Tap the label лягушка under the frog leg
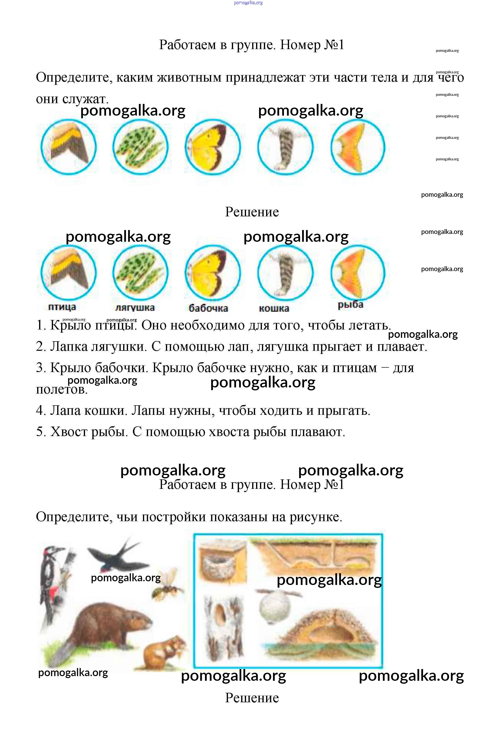[x=135, y=307]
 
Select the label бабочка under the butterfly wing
[x=208, y=308]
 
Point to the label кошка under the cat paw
[x=274, y=308]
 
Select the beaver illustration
[x=101, y=627]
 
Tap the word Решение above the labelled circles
[x=252, y=212]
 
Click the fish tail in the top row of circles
[x=358, y=147]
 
